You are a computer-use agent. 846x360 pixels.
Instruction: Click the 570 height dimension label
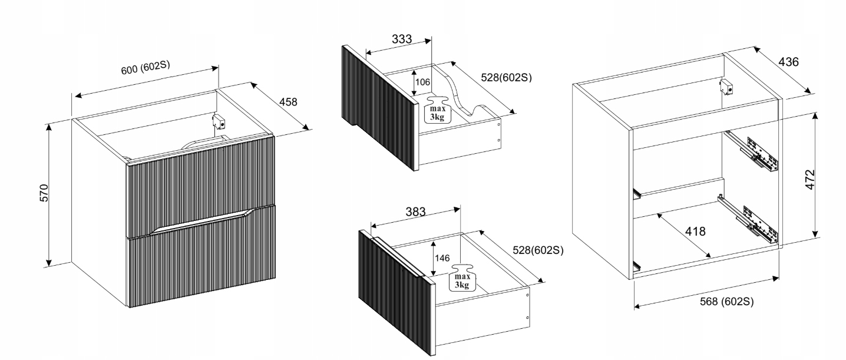44,193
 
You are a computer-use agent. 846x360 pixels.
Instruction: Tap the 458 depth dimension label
288,101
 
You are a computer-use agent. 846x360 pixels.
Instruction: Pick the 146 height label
442,258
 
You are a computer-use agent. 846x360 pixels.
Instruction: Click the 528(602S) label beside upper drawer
506,77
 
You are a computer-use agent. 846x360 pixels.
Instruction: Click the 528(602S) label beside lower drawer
537,250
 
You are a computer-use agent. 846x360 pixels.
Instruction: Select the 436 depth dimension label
789,62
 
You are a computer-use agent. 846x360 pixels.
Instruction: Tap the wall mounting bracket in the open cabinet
728,88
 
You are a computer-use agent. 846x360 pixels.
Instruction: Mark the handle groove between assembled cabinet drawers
200,221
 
